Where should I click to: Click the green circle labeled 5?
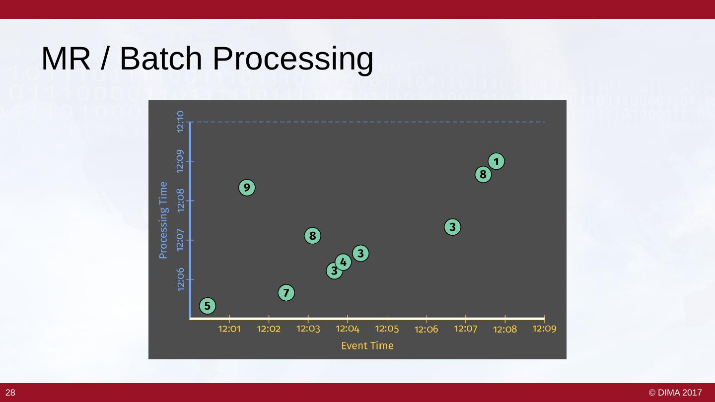(208, 306)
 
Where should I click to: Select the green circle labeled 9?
(247, 188)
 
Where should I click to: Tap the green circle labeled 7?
(286, 293)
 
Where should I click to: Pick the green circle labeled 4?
(343, 262)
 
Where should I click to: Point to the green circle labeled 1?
(497, 161)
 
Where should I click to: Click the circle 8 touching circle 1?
(483, 175)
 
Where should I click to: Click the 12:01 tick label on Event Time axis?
(229, 329)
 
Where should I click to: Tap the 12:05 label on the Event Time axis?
(387, 329)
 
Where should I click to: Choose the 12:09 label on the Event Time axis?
(544, 329)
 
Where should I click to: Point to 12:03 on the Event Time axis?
(308, 329)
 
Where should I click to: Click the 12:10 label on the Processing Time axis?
(181, 122)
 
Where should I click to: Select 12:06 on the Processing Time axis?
(181, 279)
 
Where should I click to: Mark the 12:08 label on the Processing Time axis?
(181, 201)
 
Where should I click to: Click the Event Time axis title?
(367, 346)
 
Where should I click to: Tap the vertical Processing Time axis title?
(163, 220)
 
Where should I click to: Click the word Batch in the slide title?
(161, 59)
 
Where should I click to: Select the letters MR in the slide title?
(66, 59)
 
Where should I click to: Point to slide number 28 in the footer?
(10, 393)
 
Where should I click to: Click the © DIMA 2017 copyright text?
(675, 393)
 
